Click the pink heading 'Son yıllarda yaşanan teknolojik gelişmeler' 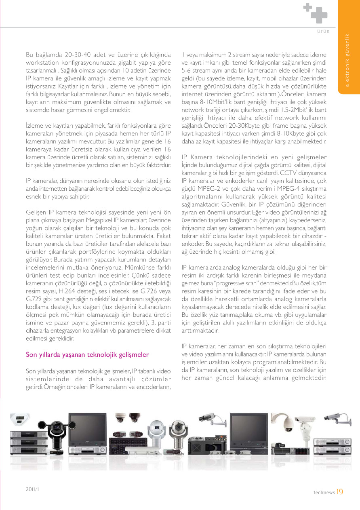(87, 355)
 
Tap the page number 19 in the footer (339, 492)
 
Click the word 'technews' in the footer (324, 492)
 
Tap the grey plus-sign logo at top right (316, 12)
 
